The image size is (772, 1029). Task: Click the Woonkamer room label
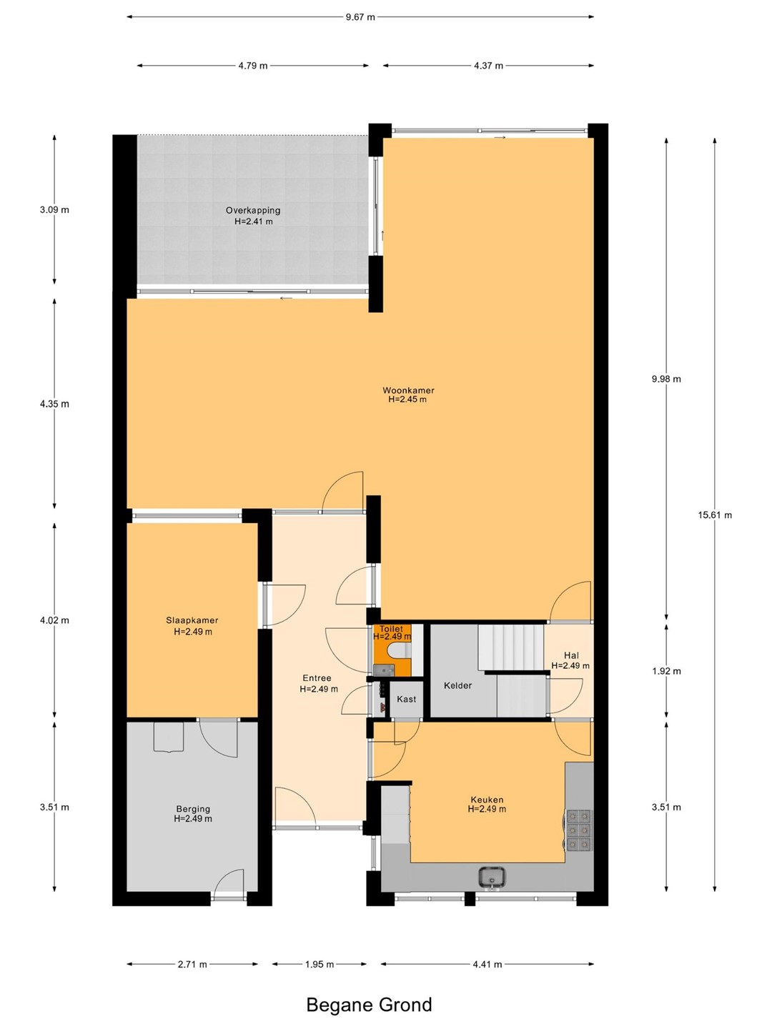(x=408, y=390)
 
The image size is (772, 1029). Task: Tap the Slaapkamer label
(x=192, y=620)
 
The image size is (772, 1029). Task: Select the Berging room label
(x=193, y=809)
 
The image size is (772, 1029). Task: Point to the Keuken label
(x=487, y=800)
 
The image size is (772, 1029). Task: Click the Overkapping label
(x=253, y=211)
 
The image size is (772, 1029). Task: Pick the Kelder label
(x=457, y=685)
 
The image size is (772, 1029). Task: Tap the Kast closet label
(x=407, y=699)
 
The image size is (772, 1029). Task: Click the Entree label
(x=317, y=678)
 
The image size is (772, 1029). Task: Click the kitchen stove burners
(x=579, y=830)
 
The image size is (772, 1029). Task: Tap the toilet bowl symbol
(x=400, y=650)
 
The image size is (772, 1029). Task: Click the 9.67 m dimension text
(x=360, y=17)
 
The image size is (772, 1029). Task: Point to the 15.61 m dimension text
(x=715, y=514)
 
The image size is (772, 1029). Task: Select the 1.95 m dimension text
(x=320, y=964)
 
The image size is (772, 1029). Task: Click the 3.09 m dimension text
(x=54, y=209)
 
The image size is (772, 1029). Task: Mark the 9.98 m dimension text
(x=666, y=379)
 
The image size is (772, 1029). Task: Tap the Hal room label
(x=571, y=655)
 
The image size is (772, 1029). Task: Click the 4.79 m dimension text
(x=253, y=66)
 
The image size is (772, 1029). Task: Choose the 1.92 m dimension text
(x=666, y=671)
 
